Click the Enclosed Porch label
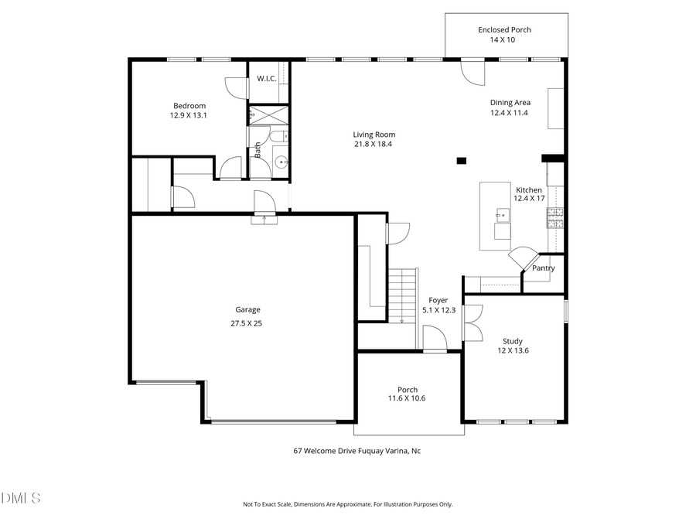click(x=504, y=29)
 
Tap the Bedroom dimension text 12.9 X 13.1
click(x=189, y=115)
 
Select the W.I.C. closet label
click(x=266, y=78)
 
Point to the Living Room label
click(x=374, y=135)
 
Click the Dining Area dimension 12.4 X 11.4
click(x=510, y=112)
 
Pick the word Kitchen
click(x=529, y=189)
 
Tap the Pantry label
click(x=544, y=268)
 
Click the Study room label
click(x=512, y=341)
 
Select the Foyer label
click(x=438, y=300)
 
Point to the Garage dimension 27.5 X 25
click(x=247, y=323)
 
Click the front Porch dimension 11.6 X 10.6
click(x=407, y=399)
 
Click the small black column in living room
click(x=462, y=161)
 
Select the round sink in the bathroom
click(x=280, y=162)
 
